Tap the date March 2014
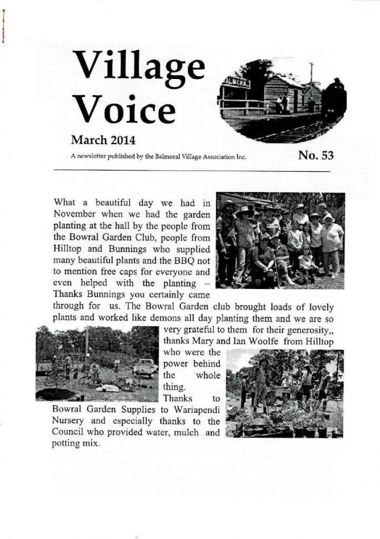[103, 141]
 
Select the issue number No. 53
[316, 155]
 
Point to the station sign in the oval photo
[236, 83]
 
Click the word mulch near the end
[185, 433]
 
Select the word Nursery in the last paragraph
[69, 422]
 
